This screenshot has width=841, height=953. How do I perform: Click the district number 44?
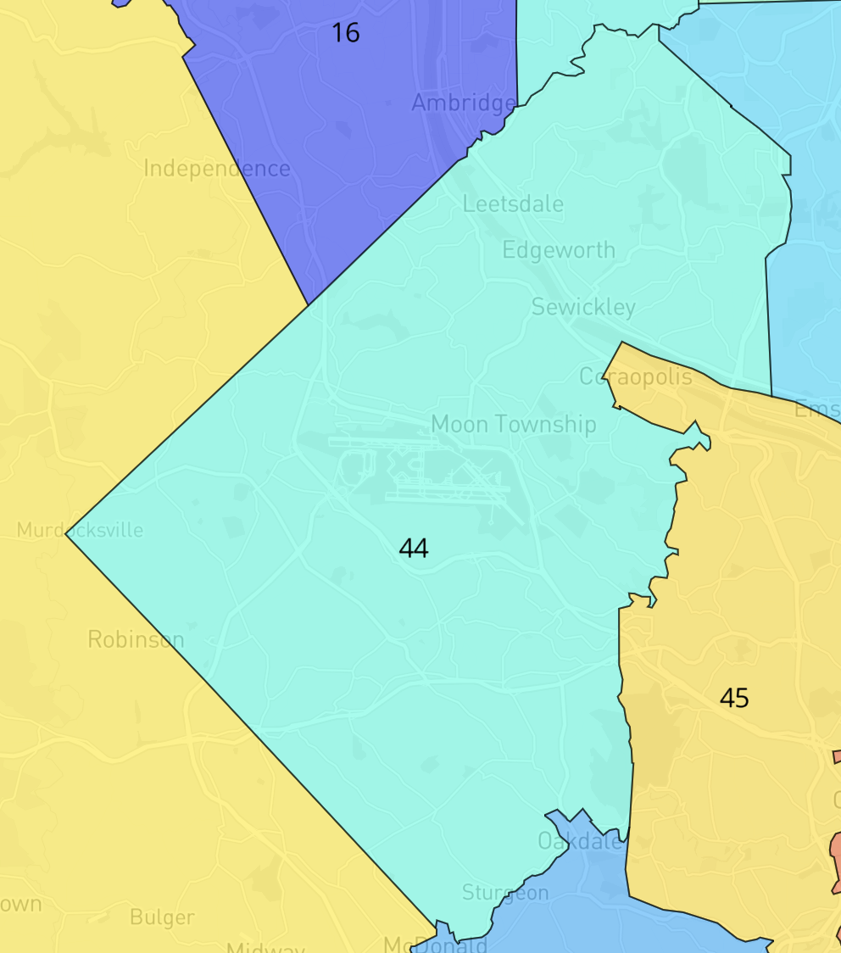coord(413,549)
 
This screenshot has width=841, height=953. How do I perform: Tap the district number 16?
coord(345,33)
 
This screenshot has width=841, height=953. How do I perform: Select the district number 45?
coord(734,698)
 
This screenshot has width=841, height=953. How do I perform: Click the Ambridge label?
coord(463,103)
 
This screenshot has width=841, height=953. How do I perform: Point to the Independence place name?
coord(217,169)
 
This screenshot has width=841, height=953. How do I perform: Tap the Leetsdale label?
coord(513,204)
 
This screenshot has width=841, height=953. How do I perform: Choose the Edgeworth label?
coord(559,250)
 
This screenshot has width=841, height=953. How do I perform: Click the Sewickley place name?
coord(583,307)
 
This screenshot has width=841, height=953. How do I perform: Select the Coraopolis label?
coord(635,376)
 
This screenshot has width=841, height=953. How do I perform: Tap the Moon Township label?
coord(514,424)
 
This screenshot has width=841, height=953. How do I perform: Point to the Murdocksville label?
coord(80,531)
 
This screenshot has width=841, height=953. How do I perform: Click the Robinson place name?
coord(136,639)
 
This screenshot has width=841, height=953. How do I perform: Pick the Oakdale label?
coord(580,841)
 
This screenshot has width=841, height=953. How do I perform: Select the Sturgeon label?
coord(505,892)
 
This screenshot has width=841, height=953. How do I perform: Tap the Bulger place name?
coord(162,917)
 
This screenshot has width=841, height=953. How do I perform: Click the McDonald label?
coord(435,944)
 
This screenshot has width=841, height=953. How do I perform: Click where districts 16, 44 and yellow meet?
coord(309,304)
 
